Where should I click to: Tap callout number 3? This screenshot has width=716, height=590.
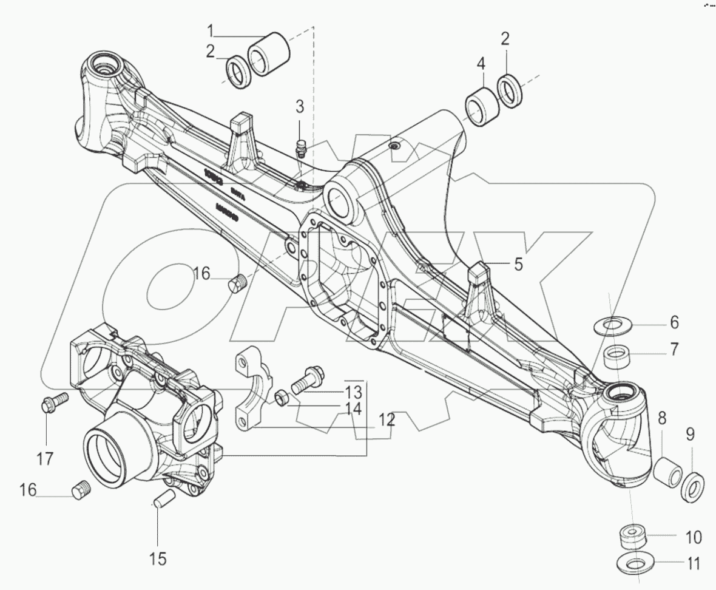pos(300,107)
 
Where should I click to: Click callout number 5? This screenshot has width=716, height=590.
pos(518,264)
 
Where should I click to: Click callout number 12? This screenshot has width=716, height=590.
pos(387,419)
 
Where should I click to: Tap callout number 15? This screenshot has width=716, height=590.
pos(158,558)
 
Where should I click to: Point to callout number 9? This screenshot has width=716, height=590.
pos(691,434)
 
